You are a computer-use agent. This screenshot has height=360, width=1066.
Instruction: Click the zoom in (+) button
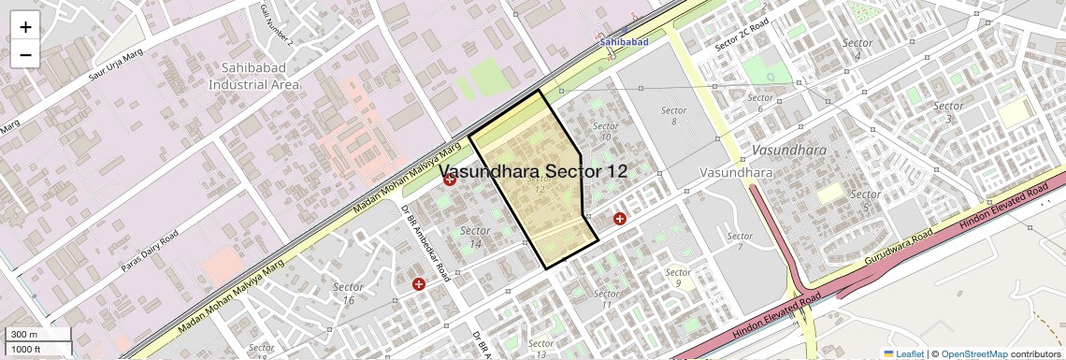(25, 27)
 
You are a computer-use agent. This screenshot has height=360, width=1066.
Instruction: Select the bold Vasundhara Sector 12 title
(534, 172)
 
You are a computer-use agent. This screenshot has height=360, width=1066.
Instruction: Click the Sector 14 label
(475, 237)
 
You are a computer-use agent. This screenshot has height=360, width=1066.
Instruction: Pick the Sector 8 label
(673, 116)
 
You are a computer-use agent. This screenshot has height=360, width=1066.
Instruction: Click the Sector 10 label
(606, 131)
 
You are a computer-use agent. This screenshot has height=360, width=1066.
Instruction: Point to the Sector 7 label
(739, 241)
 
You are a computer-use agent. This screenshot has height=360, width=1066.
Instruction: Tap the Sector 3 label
(948, 112)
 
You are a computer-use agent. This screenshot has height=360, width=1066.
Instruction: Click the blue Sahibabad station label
(624, 42)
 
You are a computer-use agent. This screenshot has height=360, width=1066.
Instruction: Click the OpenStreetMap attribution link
(973, 354)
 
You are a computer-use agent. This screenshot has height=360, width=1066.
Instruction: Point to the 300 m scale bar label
(24, 335)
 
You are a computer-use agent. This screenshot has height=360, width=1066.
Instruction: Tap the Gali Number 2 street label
(276, 25)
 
